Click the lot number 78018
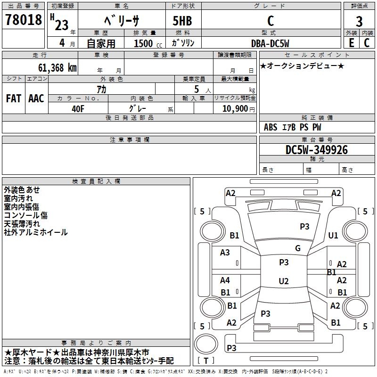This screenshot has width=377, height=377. tap(23, 20)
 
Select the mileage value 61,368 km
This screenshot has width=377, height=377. tap(57, 68)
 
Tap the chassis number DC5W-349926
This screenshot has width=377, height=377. tap(316, 150)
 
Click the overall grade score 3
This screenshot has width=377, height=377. tap(359, 22)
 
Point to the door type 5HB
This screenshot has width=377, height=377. tap(182, 21)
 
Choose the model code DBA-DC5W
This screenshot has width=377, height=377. tap(270, 43)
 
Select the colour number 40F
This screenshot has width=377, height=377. tap(78, 109)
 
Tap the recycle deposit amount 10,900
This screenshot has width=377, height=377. tap(235, 109)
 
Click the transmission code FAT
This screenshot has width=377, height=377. tap(14, 98)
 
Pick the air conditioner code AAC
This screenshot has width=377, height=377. tap(36, 98)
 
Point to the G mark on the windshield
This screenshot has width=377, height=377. tap(298, 248)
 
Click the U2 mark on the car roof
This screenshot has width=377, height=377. tap(284, 281)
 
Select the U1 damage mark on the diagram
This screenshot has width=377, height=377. tap(333, 235)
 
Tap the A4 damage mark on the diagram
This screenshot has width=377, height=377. tap(225, 280)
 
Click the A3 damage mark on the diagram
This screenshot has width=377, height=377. tap(225, 253)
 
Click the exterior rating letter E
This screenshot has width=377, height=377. tap(351, 43)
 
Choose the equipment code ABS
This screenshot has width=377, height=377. tap(270, 127)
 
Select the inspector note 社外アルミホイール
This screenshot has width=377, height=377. tap(36, 232)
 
